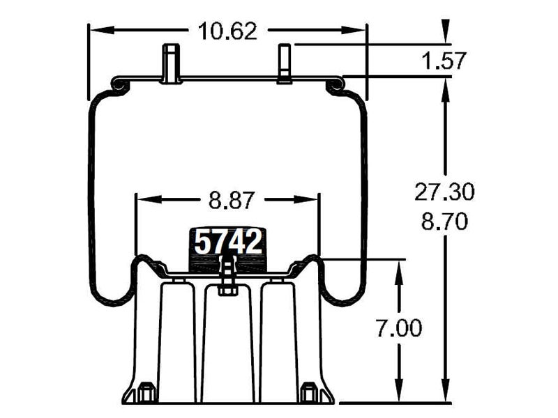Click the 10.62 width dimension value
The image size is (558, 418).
click(227, 31)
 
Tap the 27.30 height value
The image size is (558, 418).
click(444, 191)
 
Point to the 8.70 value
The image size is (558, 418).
click(444, 222)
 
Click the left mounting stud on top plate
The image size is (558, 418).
click(170, 63)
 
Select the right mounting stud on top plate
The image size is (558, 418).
click(285, 63)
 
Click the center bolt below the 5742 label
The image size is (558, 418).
click(227, 275)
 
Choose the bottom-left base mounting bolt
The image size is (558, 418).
click(146, 393)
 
